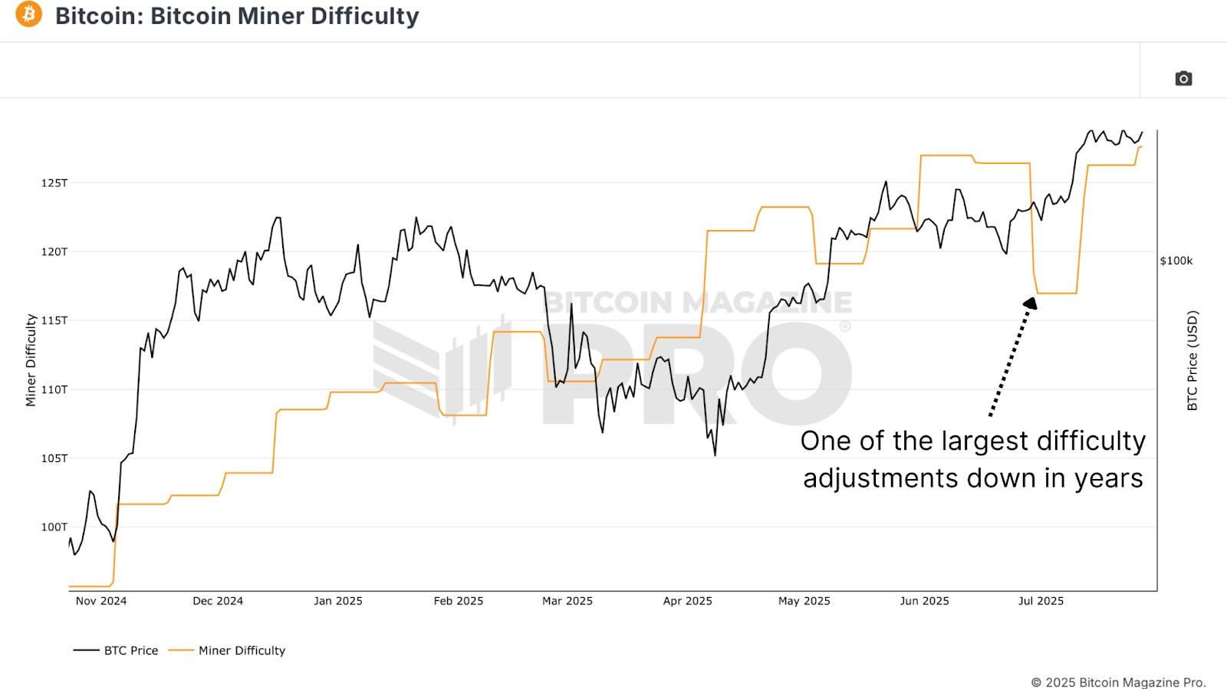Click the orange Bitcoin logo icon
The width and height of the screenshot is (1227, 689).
pos(29,14)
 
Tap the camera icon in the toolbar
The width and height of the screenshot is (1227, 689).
pos(1183,78)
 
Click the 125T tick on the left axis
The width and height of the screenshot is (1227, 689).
pos(54,183)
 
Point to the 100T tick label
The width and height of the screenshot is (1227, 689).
pos(54,527)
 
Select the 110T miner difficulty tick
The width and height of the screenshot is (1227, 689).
pos(54,389)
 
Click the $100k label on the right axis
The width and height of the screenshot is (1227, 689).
pos(1176,261)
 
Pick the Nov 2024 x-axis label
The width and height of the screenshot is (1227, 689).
pos(101,601)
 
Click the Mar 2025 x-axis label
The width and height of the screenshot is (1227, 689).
pos(567,601)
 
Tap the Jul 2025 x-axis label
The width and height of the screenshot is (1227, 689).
pos(1041,601)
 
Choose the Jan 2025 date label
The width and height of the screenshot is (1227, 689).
pos(338,601)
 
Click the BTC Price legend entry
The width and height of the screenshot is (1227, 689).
pos(116,651)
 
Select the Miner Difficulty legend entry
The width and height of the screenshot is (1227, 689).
pos(227,651)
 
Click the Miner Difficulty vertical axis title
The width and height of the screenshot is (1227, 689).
pos(31,360)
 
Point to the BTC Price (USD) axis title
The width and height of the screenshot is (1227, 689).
pos(1192,360)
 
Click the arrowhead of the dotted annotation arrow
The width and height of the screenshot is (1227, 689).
pos(1031,303)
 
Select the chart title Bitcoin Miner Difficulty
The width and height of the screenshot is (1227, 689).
pos(237,16)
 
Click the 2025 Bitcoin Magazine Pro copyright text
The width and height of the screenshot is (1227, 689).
pos(1118,682)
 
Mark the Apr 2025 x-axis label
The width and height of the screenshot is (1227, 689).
pos(688,601)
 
